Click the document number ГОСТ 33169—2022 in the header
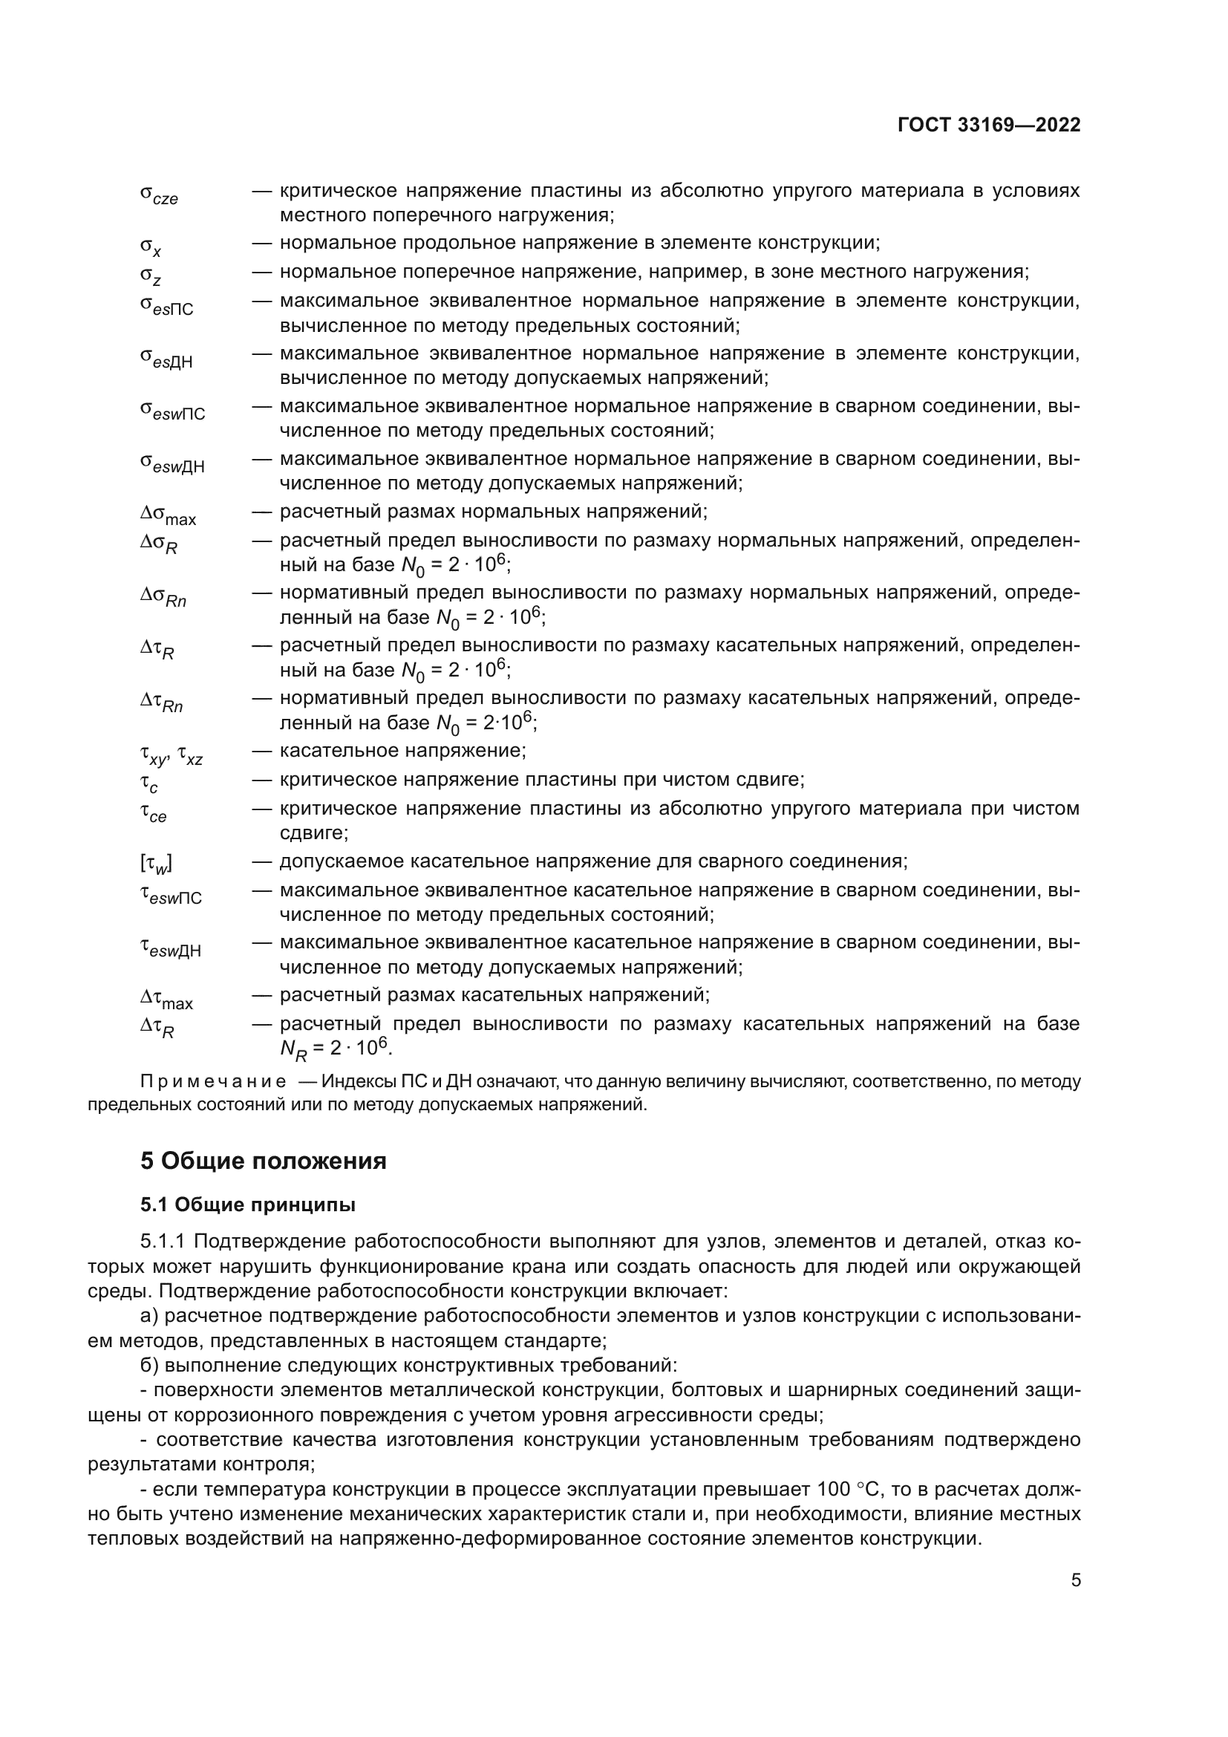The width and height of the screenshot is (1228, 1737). click(988, 125)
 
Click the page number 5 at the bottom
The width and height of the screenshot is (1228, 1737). click(1075, 1580)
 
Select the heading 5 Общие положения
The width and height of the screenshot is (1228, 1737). click(263, 1161)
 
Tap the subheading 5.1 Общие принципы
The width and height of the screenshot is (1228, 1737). click(247, 1205)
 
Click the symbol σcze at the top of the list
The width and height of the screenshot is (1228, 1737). click(159, 195)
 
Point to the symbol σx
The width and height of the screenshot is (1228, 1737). click(151, 246)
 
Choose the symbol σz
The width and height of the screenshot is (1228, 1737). click(151, 276)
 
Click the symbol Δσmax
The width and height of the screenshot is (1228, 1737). click(168, 515)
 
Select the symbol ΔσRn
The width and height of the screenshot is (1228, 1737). click(163, 597)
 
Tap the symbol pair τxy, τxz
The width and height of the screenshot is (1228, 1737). click(171, 755)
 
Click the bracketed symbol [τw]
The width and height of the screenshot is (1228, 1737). click(156, 863)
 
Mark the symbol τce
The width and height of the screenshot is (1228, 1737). click(153, 812)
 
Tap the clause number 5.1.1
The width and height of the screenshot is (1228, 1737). click(169, 1242)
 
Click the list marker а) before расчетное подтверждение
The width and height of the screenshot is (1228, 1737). click(149, 1316)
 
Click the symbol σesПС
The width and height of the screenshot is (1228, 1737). click(166, 306)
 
